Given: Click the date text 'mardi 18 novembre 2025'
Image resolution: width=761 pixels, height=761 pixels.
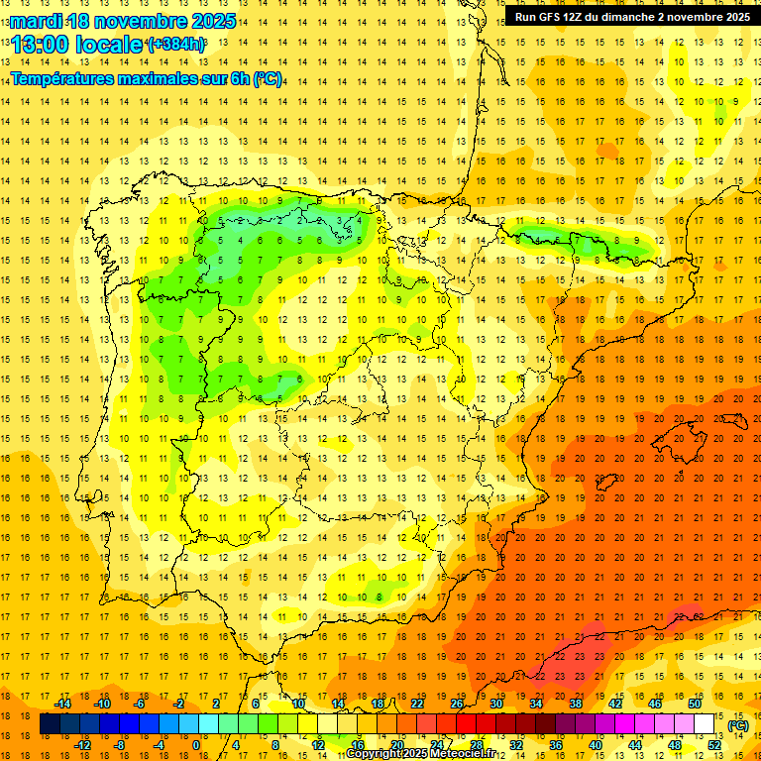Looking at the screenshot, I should pos(123,20).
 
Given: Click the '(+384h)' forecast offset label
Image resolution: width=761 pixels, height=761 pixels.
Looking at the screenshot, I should pos(176,45).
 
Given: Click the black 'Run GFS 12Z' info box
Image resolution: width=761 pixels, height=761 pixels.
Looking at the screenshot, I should pos(632,17).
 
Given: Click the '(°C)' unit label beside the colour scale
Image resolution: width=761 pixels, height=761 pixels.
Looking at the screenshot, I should pos(738,725).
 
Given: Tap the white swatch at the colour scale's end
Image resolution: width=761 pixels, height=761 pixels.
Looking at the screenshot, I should pos(704,725).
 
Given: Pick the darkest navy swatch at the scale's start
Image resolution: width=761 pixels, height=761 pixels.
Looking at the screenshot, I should pos(49,725).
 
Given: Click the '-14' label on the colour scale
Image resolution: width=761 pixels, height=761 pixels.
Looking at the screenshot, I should pos(62,704).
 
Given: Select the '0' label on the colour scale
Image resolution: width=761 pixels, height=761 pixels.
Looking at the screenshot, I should pos(196,745).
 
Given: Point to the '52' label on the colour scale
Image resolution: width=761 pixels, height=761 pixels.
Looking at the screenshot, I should pos(714,745).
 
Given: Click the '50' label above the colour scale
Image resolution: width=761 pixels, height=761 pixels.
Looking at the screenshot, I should pos(695,704).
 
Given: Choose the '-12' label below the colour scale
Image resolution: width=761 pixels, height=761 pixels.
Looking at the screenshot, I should pos(82,745).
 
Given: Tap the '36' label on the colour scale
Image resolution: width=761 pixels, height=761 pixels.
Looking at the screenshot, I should pos(555,745).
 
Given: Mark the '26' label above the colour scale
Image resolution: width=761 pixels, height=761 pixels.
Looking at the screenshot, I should pos(457,704).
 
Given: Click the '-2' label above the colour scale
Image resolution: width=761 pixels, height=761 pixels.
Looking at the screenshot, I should pos(179,704).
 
